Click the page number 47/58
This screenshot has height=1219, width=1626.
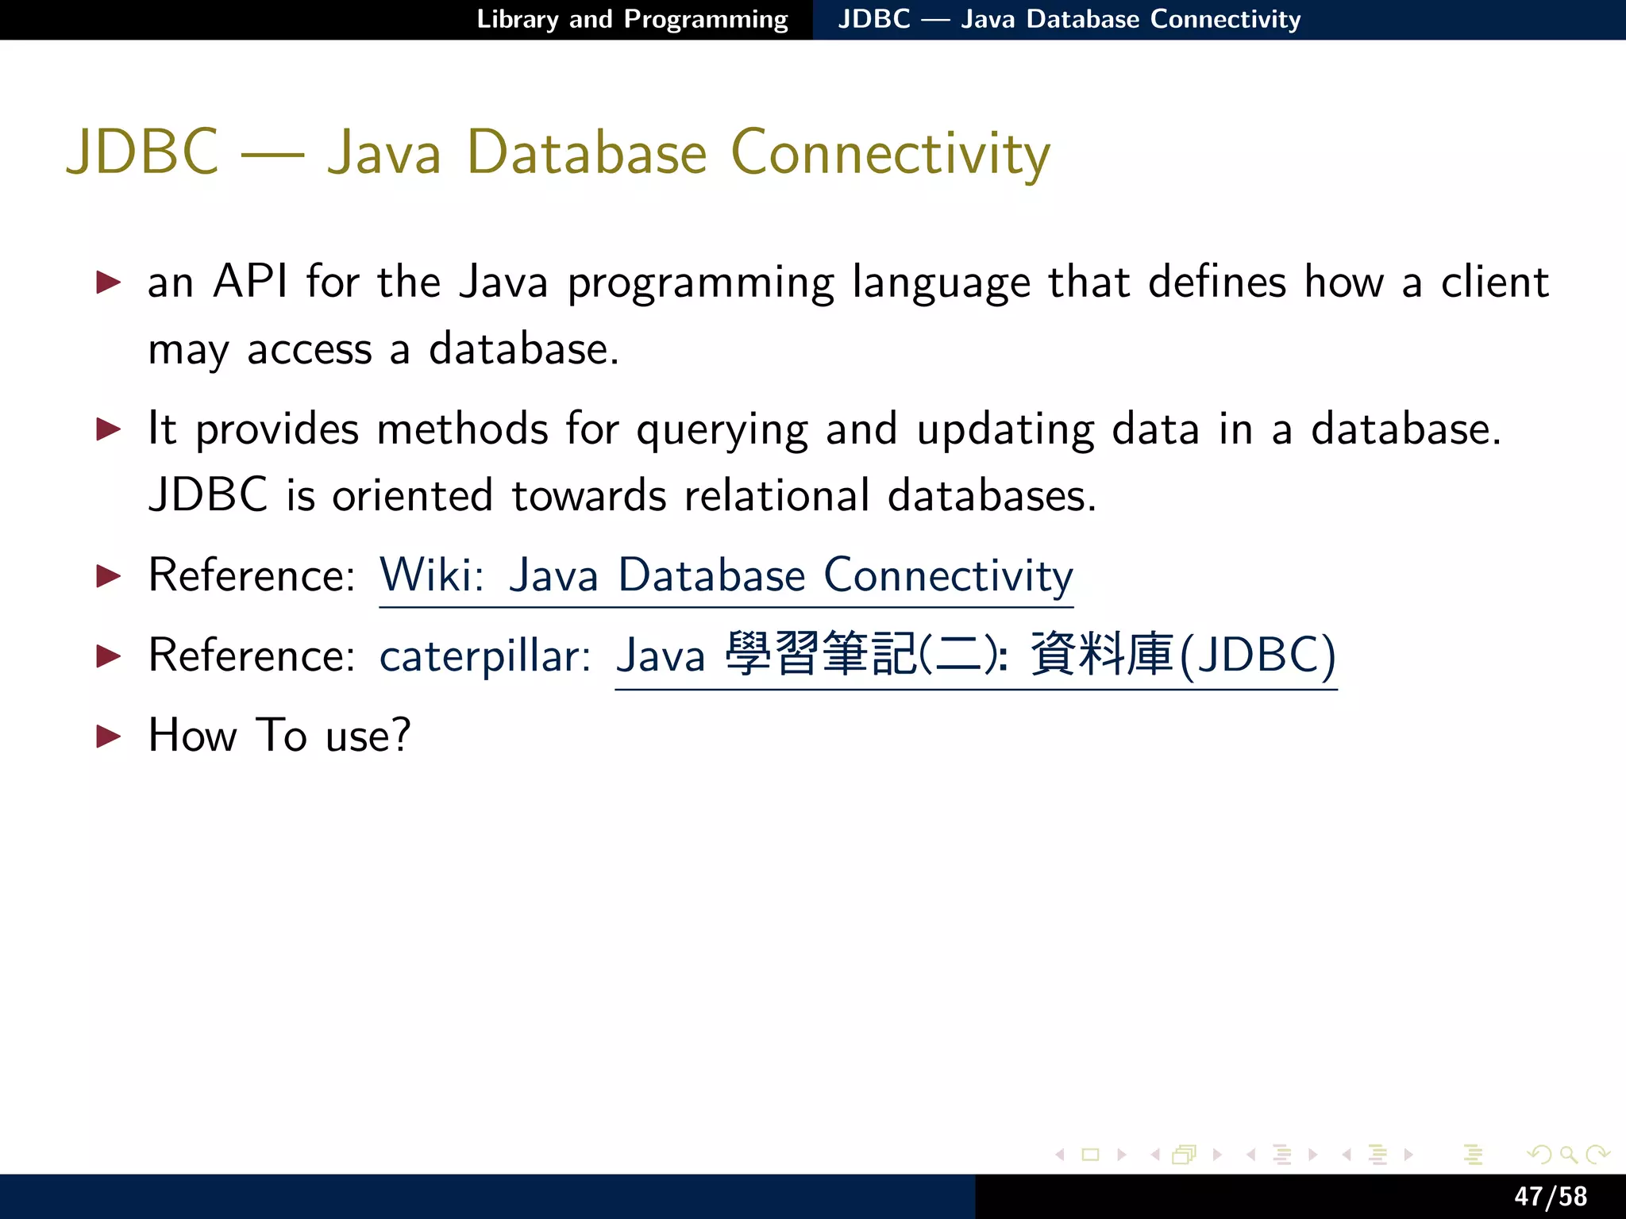(x=1550, y=1196)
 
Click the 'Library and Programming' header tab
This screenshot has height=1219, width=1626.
(x=632, y=19)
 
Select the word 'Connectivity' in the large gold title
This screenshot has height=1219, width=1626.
(x=890, y=152)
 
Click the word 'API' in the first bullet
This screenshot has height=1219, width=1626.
(x=250, y=282)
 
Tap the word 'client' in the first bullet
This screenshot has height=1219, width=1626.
(x=1494, y=282)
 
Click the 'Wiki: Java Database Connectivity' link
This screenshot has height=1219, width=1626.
(x=726, y=575)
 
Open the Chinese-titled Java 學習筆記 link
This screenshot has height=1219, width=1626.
(x=976, y=656)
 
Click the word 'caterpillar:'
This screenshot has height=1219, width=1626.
(x=485, y=656)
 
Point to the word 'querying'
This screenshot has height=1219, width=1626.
(x=722, y=430)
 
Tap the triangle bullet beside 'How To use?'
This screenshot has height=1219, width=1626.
(x=108, y=736)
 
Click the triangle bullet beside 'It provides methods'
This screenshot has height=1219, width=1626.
(x=108, y=429)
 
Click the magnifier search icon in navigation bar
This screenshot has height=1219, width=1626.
(x=1567, y=1155)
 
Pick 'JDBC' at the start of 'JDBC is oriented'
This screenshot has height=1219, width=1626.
(x=208, y=496)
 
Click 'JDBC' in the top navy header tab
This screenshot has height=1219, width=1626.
(x=874, y=19)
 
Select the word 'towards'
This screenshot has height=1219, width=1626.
(x=588, y=496)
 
